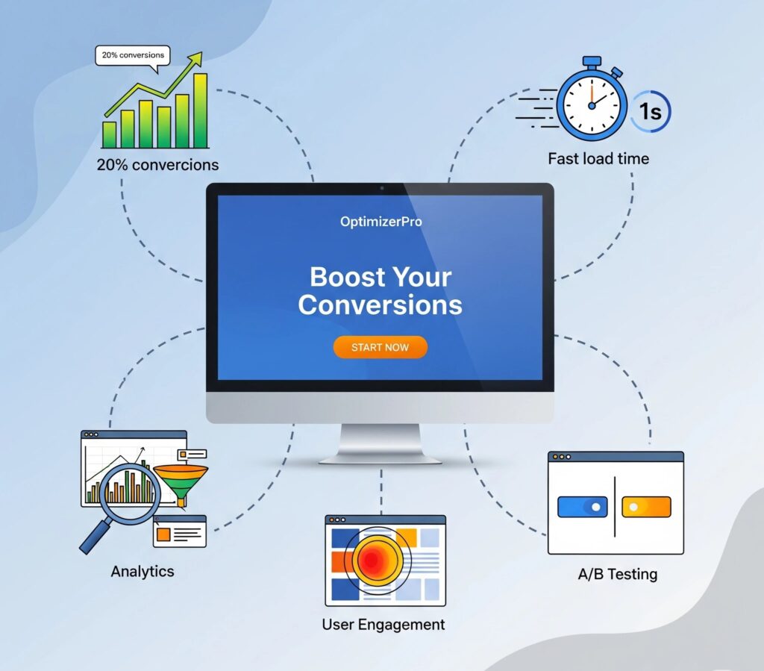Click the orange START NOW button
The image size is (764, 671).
coord(381,347)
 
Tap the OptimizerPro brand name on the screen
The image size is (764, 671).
coord(381,222)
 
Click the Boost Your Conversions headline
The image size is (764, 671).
coord(381,291)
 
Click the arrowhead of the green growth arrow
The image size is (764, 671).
coord(196,58)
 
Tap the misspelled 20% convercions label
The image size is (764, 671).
coord(157,165)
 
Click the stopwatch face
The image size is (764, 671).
coord(592,105)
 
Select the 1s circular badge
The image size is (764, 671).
coord(649,113)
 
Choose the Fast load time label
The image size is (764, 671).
coord(598,158)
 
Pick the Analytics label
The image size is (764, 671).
coord(143,572)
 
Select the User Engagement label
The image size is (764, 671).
coord(383,624)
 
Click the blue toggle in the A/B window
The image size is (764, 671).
coord(583,507)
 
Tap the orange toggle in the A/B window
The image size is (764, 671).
coord(646,507)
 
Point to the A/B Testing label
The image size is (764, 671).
coord(618,575)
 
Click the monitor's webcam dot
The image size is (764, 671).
coord(381,188)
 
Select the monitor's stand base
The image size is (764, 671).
coord(381,458)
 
